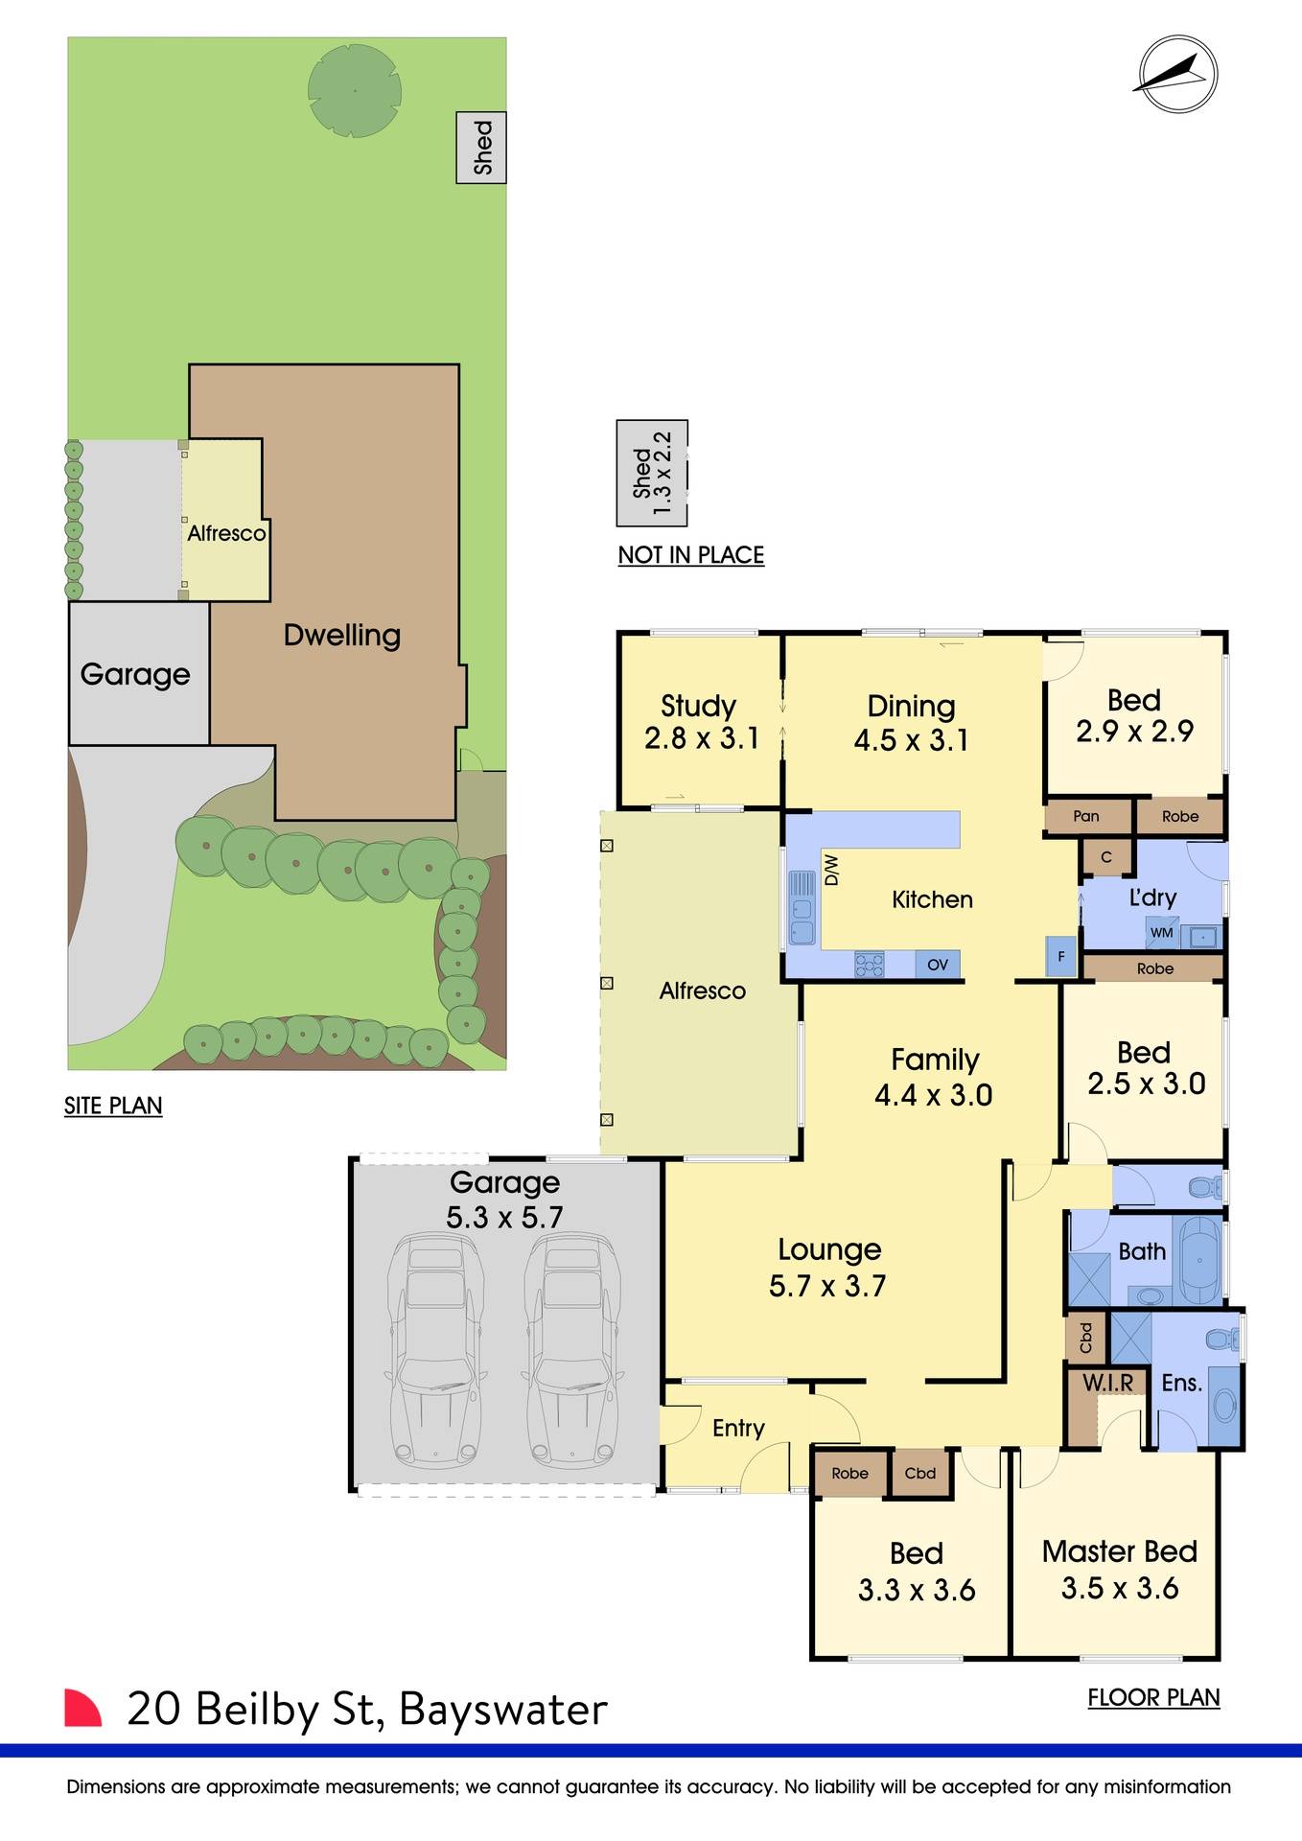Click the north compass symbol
1177,75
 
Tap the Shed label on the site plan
481,147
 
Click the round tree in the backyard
354,91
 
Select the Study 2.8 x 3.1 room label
700,722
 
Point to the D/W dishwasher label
831,870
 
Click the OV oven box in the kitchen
938,964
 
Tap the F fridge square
1060,956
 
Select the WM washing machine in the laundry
1161,932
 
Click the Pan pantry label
1086,816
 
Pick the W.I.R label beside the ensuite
1107,1383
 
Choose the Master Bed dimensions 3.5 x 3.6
1120,1588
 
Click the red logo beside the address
82,1708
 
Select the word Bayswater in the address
502,1710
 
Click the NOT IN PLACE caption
690,555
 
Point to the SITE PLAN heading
113,1106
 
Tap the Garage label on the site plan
135,674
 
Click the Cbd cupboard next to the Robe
919,1473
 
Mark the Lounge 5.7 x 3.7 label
828,1267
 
